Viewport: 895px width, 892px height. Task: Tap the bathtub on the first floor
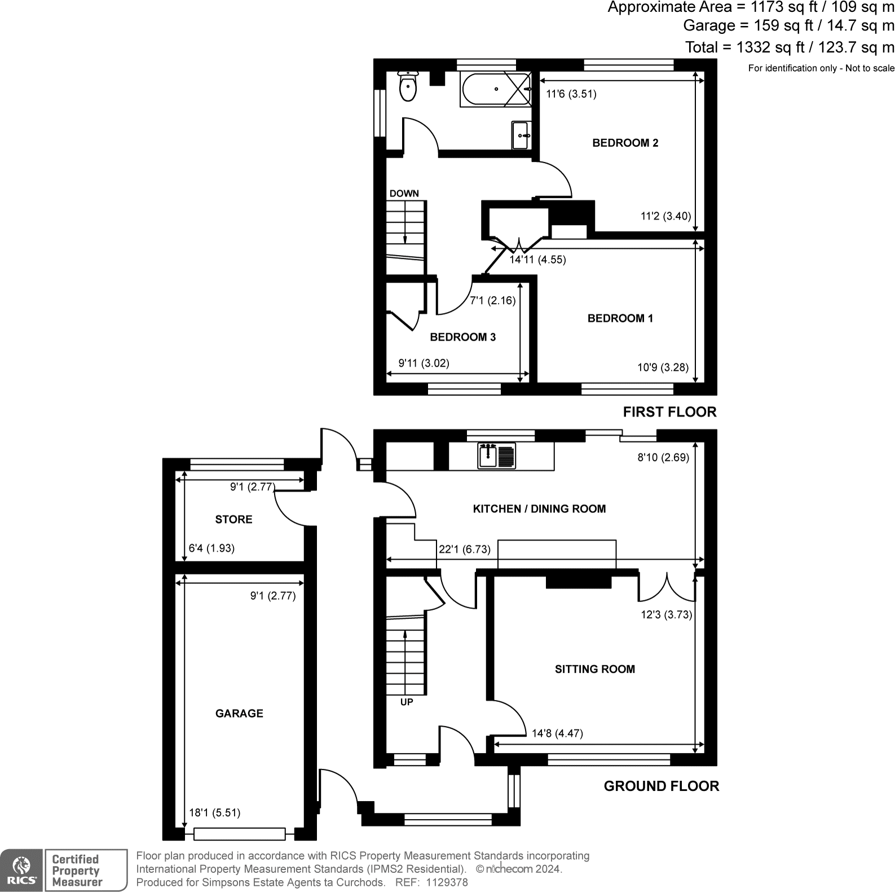click(x=495, y=89)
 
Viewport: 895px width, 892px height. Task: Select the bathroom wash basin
click(x=520, y=135)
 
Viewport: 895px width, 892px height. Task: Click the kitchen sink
click(x=496, y=455)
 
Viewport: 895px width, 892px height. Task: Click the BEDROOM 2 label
click(x=625, y=143)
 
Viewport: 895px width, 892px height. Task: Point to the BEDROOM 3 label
click(x=462, y=337)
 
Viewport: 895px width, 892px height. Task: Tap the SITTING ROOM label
click(x=594, y=669)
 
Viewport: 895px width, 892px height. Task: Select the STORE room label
click(x=233, y=519)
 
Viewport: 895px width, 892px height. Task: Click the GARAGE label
click(x=239, y=713)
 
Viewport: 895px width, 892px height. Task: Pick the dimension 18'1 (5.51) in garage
click(x=214, y=812)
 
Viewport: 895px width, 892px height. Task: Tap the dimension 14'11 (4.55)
click(x=537, y=260)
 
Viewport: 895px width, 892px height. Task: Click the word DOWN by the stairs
click(x=404, y=194)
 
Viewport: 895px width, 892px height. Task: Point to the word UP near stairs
click(x=406, y=702)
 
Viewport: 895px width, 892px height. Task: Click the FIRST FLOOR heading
click(x=669, y=412)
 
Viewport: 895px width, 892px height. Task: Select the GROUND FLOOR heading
click(x=661, y=786)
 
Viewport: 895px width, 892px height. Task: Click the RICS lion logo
click(x=21, y=871)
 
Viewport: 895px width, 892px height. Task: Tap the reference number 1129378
click(x=447, y=882)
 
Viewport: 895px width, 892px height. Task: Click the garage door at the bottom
click(x=240, y=833)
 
